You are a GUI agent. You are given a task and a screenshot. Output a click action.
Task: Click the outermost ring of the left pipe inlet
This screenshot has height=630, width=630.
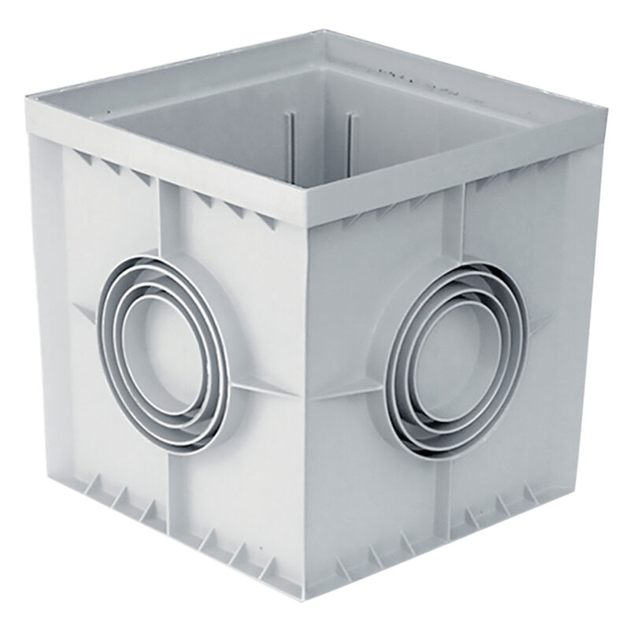(106, 346)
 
